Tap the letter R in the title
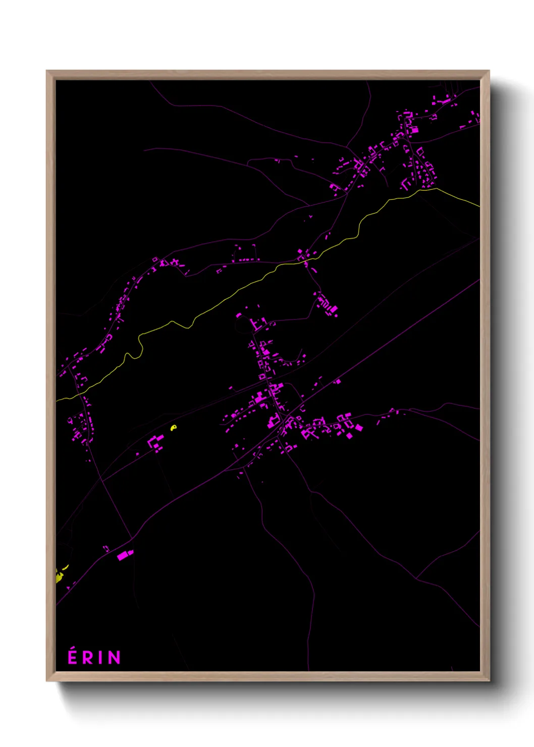(x=88, y=658)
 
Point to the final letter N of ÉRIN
(x=115, y=658)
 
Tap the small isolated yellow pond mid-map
(x=174, y=428)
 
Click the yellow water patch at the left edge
(x=59, y=575)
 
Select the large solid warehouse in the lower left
(x=123, y=555)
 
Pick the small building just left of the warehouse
(x=106, y=548)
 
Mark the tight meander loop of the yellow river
(x=133, y=355)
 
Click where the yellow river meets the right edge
(x=479, y=206)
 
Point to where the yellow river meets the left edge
(x=57, y=400)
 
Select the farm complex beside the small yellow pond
(x=155, y=443)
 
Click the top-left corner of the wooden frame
(x=47, y=71)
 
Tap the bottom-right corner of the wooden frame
(x=489, y=681)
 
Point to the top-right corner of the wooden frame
(x=489, y=71)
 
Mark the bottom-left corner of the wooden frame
(x=47, y=681)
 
